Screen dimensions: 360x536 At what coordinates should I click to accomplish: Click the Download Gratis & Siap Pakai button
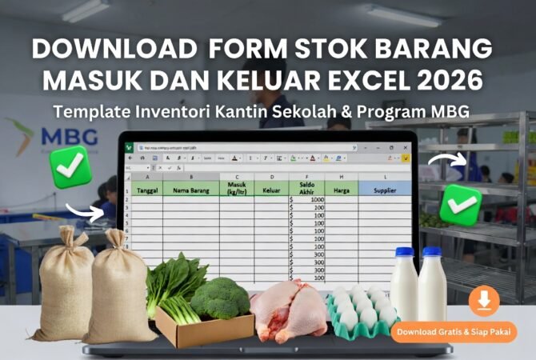point(454,331)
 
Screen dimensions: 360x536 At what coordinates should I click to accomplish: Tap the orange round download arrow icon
point(484,301)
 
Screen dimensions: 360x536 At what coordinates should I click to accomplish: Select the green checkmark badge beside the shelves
point(461,203)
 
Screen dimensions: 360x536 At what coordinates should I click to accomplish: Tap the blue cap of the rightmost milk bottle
point(432,251)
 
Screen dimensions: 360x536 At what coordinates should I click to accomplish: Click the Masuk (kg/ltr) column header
point(236,189)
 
